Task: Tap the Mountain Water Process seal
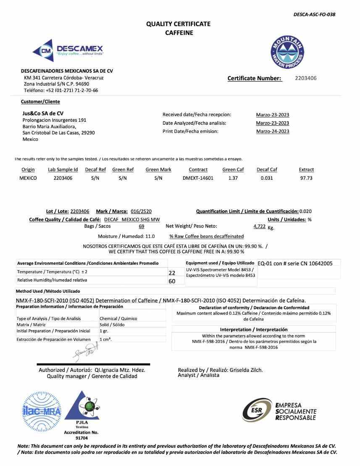point(287,53)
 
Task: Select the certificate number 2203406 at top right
point(306,78)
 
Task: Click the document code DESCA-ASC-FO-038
point(314,15)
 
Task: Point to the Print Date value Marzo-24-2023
point(273,132)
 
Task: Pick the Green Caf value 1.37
point(233,178)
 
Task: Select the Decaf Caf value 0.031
point(267,178)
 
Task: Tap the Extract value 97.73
point(306,178)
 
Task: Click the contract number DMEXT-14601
point(198,178)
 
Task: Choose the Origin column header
point(28,170)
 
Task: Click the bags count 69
point(142,226)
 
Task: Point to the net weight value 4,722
point(259,226)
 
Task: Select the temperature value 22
point(172,273)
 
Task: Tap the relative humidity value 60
point(172,281)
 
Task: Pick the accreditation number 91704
point(81,438)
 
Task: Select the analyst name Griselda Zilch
point(246,370)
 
